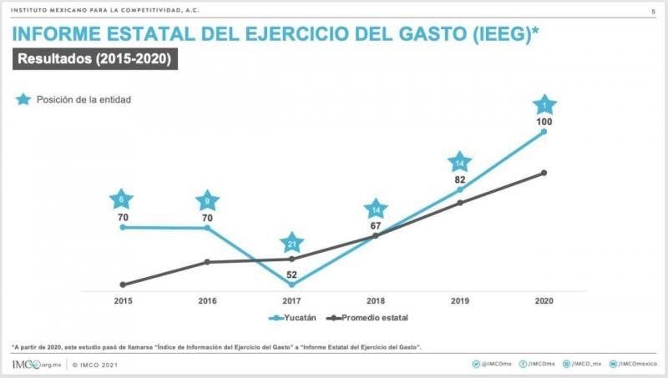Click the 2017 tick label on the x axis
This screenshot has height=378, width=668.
[x=291, y=300]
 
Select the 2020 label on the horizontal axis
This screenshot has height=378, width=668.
[x=544, y=300]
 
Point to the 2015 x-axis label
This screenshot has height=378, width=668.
[x=123, y=300]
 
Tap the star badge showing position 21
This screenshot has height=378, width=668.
[x=291, y=244]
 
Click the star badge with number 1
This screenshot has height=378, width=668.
[x=544, y=106]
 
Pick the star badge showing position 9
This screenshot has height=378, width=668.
[x=207, y=201]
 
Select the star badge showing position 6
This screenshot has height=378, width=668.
[x=122, y=200]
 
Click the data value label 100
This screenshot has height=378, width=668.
[x=544, y=123]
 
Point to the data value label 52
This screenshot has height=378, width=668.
[x=291, y=275]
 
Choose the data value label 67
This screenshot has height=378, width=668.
[x=376, y=226]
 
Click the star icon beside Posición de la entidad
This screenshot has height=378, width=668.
[x=23, y=99]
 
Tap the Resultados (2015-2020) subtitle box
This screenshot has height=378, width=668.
[x=94, y=59]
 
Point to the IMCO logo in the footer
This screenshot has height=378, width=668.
[x=34, y=365]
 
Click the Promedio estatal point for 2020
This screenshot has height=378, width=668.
[x=544, y=173]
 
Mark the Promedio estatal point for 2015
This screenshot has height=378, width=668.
[x=123, y=285]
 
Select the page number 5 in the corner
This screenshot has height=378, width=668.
[x=652, y=11]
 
